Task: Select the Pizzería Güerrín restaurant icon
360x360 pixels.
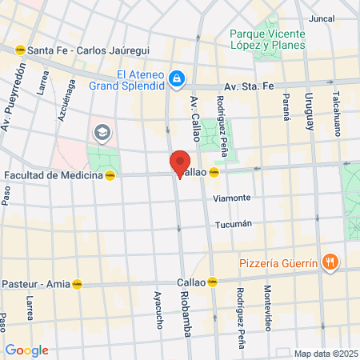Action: (x=329, y=262)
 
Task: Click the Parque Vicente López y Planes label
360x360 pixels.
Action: (x=268, y=39)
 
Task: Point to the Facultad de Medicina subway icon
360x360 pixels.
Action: (x=110, y=175)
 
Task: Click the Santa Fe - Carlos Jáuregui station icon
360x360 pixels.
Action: (x=19, y=50)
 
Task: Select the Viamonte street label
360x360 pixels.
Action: (x=232, y=198)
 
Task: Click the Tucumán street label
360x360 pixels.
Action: (x=234, y=224)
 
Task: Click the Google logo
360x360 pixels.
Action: (x=26, y=350)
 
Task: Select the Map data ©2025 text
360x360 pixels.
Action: (x=324, y=354)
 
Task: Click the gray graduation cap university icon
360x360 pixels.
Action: (x=102, y=131)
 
